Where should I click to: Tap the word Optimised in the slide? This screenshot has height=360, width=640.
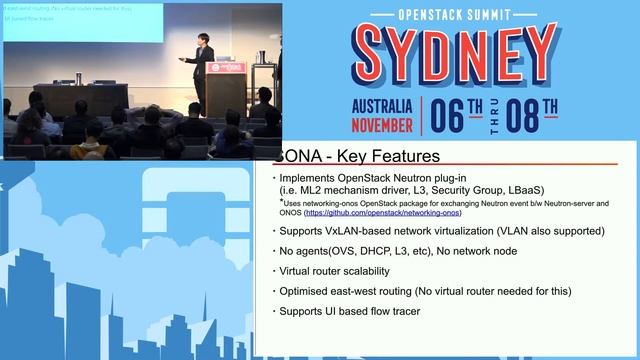point(305,291)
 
